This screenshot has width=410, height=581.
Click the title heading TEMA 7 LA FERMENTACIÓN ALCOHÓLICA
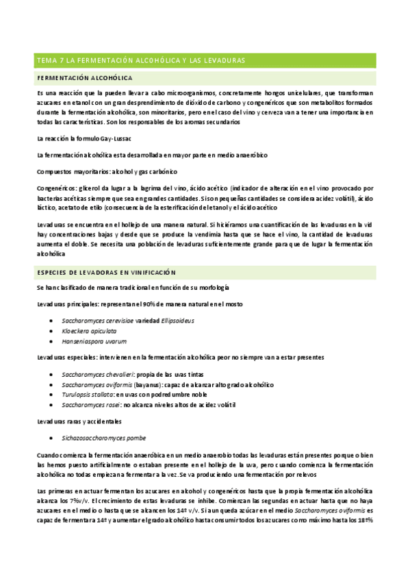(x=140, y=61)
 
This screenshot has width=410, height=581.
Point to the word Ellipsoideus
(x=178, y=320)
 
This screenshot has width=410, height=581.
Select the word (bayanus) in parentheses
(x=152, y=385)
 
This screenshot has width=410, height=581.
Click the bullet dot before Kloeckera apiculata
(x=53, y=330)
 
